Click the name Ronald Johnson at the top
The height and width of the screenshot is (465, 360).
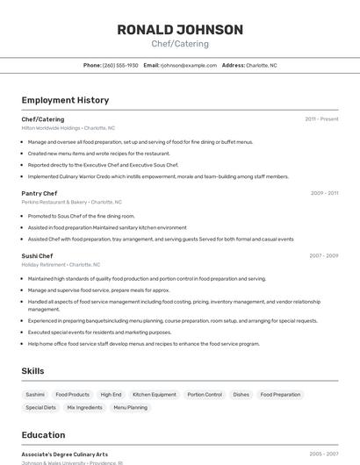coord(180,30)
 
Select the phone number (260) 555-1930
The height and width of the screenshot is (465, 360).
coord(120,65)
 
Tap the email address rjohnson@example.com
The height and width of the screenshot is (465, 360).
coord(189,65)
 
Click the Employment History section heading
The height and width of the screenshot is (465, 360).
coord(65,100)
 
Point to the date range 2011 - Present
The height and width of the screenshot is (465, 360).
coord(321,118)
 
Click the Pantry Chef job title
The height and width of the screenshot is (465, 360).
coord(40,193)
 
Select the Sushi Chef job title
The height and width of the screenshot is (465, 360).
coord(38,256)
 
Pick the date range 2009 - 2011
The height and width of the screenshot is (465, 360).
coord(324,193)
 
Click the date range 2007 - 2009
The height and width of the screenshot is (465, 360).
coord(324,256)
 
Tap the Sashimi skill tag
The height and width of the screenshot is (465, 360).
coord(35,395)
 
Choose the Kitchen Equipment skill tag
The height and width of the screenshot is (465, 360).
coord(155,395)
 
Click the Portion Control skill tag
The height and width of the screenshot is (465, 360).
coord(205,395)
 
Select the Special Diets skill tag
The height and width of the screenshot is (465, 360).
coord(40,407)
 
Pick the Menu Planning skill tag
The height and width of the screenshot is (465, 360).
coord(131,407)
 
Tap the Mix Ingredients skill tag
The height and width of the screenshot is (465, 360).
coord(84,407)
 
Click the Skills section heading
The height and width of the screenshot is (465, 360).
coord(33,371)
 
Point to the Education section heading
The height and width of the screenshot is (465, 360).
coord(43,434)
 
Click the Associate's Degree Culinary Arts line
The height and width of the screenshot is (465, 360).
coord(65,454)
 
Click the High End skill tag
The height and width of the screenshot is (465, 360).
coord(111,395)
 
